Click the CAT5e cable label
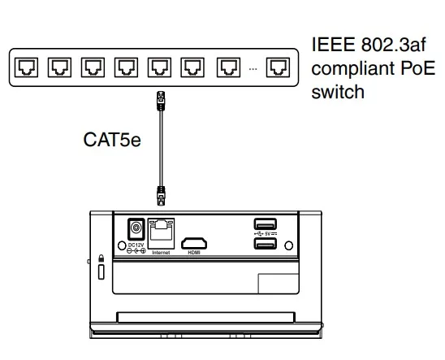[x=112, y=141]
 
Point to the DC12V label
[x=135, y=244]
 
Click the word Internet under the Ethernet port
[x=162, y=253]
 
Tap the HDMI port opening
[x=193, y=242]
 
